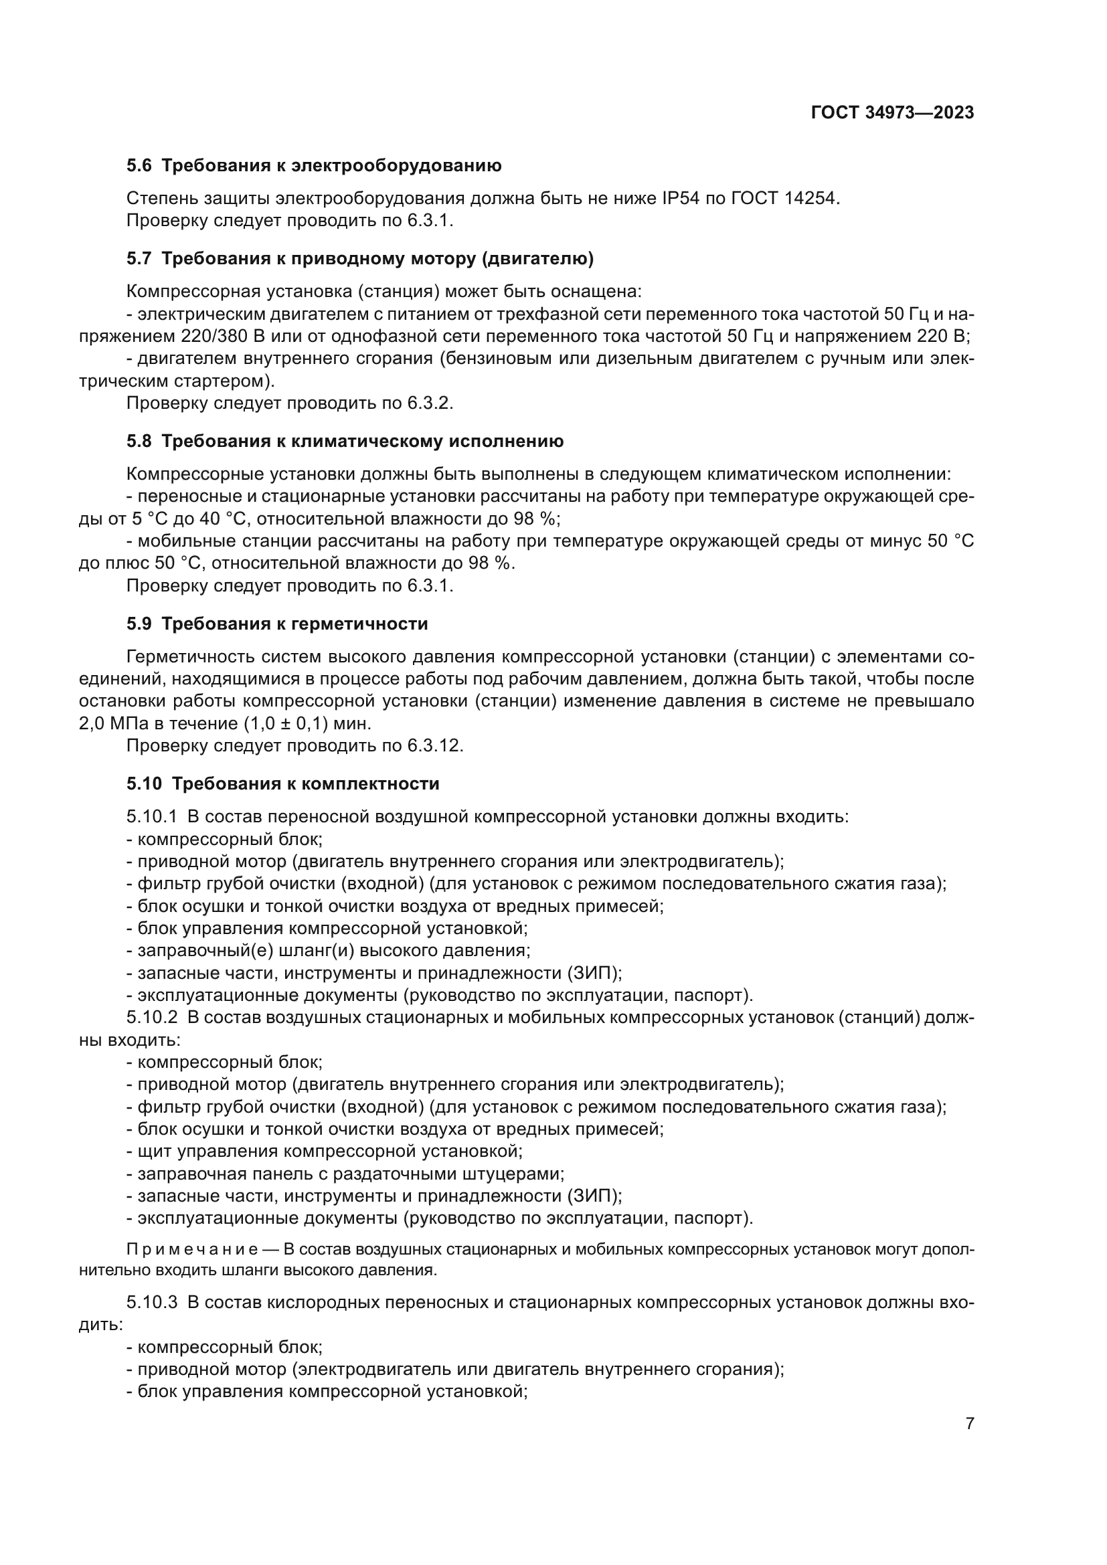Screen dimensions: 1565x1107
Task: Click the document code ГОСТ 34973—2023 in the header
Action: coord(892,113)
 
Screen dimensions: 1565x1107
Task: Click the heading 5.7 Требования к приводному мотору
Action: coord(360,258)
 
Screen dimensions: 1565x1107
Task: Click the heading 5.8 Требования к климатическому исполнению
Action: coord(345,441)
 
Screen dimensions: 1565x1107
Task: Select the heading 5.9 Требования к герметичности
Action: coord(277,624)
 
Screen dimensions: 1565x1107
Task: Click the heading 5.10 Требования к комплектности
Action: coord(283,784)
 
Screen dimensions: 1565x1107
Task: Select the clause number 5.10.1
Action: coord(151,816)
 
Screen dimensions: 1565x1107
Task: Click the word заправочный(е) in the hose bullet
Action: coord(186,949)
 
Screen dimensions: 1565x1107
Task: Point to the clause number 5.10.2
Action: coord(151,1017)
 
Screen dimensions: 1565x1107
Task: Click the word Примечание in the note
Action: coord(192,1249)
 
